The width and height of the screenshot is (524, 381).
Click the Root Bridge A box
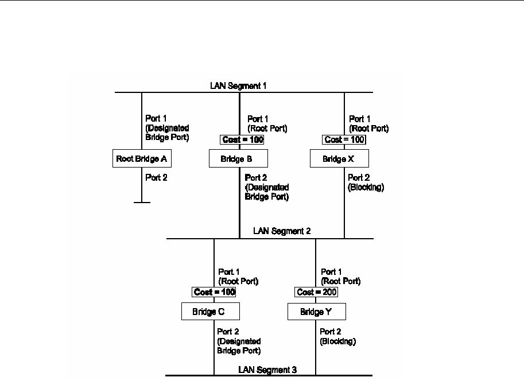142,158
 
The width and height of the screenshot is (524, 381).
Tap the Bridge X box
339,158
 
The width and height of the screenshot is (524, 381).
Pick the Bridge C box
210,312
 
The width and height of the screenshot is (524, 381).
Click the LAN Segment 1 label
238,85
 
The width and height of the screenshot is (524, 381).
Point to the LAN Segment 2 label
282,231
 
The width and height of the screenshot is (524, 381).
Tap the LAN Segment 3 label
267,370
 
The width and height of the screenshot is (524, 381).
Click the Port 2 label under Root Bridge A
156,178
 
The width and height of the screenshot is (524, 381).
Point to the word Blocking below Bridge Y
338,341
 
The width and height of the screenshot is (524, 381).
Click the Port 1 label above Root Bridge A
156,119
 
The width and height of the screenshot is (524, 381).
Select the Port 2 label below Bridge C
228,331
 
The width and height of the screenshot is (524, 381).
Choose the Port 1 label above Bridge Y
331,272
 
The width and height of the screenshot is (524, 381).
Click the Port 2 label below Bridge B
256,178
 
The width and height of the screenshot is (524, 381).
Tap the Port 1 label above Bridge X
360,119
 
